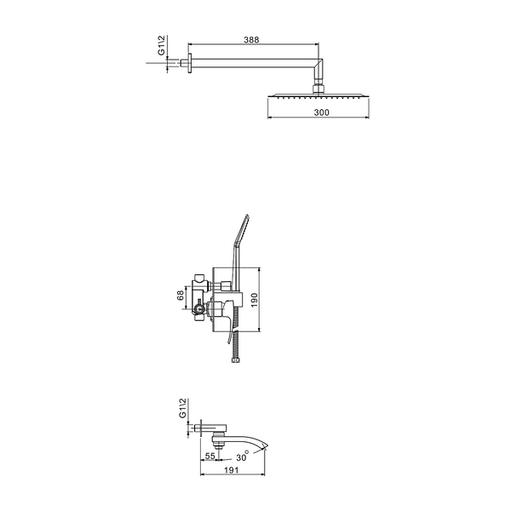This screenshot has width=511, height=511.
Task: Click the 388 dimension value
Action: [251, 40]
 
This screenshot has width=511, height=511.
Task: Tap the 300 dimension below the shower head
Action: [322, 112]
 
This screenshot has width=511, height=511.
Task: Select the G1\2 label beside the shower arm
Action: [162, 46]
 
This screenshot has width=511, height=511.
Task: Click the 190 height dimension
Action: [255, 300]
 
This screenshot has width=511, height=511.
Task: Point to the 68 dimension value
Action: [181, 296]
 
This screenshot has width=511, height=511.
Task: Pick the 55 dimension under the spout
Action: [210, 456]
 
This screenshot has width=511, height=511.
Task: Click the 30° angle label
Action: [243, 456]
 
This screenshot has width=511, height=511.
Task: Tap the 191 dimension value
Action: [232, 470]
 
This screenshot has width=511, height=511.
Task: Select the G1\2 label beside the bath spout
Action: [182, 408]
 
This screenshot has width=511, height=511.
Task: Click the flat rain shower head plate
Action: [318, 95]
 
